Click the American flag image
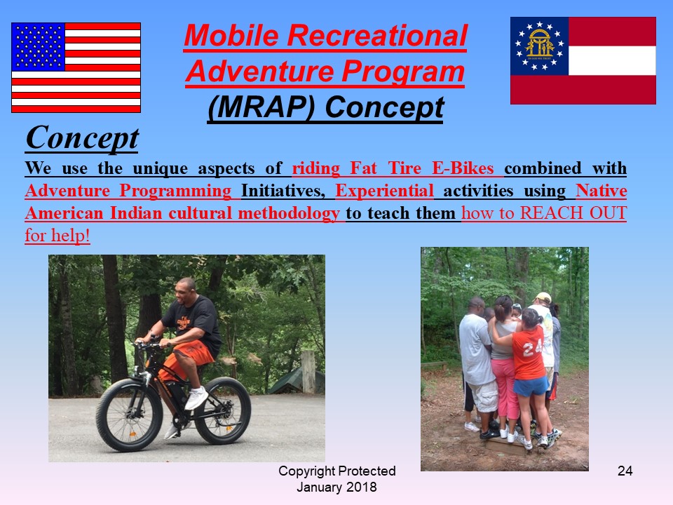pyautogui.click(x=76, y=67)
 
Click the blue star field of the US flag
pyautogui.click(x=38, y=46)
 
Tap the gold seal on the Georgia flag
pyautogui.click(x=540, y=45)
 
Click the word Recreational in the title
pyautogui.click(x=377, y=35)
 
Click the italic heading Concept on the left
pyautogui.click(x=82, y=138)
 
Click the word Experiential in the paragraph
pyautogui.click(x=385, y=191)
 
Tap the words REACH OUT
pyautogui.click(x=573, y=213)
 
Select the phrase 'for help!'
pyautogui.click(x=57, y=236)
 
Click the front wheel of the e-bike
pyautogui.click(x=129, y=415)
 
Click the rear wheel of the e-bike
pyautogui.click(x=222, y=410)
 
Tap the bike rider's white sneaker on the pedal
pyautogui.click(x=196, y=398)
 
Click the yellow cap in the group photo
pyautogui.click(x=543, y=297)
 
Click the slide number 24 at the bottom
pyautogui.click(x=625, y=471)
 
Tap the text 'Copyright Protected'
pyautogui.click(x=337, y=471)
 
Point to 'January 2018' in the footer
pyautogui.click(x=337, y=487)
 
